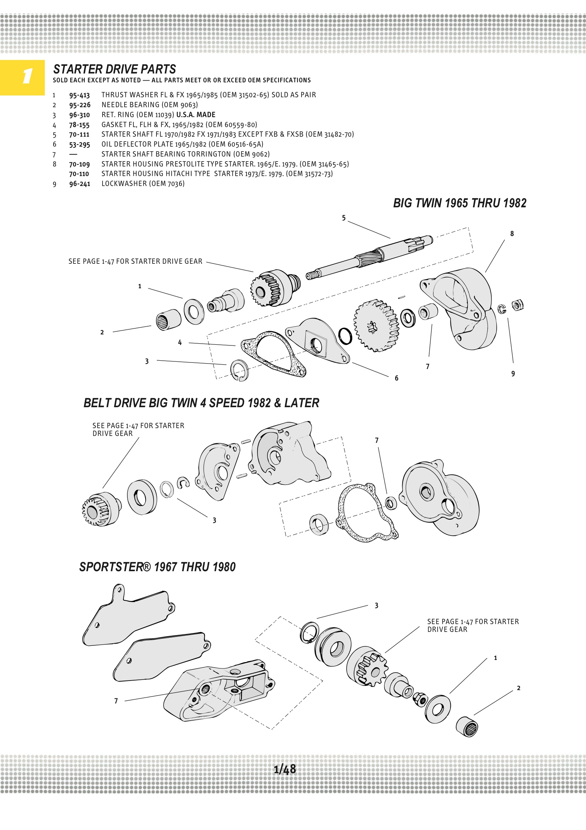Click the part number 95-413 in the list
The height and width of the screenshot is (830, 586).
tap(79, 95)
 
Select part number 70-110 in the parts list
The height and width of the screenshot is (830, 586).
tap(79, 174)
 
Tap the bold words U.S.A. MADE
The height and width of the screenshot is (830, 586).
tap(195, 115)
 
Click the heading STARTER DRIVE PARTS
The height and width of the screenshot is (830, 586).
tap(115, 69)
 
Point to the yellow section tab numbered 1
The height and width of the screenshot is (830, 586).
tap(22, 77)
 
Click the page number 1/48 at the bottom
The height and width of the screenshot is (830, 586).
tap(285, 769)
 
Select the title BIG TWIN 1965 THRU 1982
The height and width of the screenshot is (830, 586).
tap(460, 203)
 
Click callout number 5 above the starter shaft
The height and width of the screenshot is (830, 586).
tap(344, 218)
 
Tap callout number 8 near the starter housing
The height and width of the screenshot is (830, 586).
tap(512, 234)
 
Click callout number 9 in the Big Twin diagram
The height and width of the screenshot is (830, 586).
tap(513, 374)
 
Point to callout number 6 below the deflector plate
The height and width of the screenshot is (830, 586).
tap(396, 378)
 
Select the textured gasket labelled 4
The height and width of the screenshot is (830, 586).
tap(273, 354)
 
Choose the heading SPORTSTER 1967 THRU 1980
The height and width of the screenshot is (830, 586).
tap(157, 567)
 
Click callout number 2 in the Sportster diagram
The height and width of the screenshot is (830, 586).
tap(519, 688)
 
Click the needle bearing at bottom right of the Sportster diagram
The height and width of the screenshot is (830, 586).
tap(466, 726)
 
